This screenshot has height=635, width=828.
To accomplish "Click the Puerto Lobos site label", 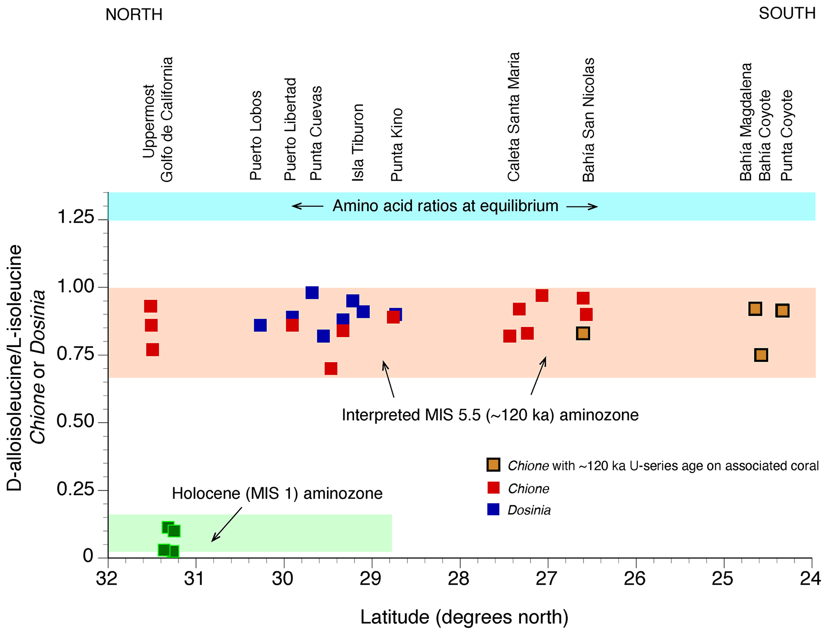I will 256,135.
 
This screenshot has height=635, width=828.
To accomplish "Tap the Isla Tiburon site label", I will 358,142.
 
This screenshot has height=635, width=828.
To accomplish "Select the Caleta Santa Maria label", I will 514,117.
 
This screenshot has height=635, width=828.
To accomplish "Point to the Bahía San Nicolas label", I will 588,120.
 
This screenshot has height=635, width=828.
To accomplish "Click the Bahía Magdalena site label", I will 745,122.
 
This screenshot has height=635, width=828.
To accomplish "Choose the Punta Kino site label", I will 397,145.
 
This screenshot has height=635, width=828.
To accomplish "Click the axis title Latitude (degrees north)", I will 464,617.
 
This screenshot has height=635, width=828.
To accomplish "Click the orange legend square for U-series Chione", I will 493,465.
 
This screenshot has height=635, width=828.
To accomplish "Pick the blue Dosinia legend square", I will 493,509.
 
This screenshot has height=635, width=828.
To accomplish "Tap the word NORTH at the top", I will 134,15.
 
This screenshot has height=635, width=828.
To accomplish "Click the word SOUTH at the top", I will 787,14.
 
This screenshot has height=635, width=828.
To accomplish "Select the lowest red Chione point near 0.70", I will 331,368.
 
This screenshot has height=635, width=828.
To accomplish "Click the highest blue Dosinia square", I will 312,292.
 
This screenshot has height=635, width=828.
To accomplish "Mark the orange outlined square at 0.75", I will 761,355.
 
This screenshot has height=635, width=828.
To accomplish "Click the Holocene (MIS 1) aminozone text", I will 277,493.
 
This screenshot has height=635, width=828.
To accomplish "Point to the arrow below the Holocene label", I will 227,524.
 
